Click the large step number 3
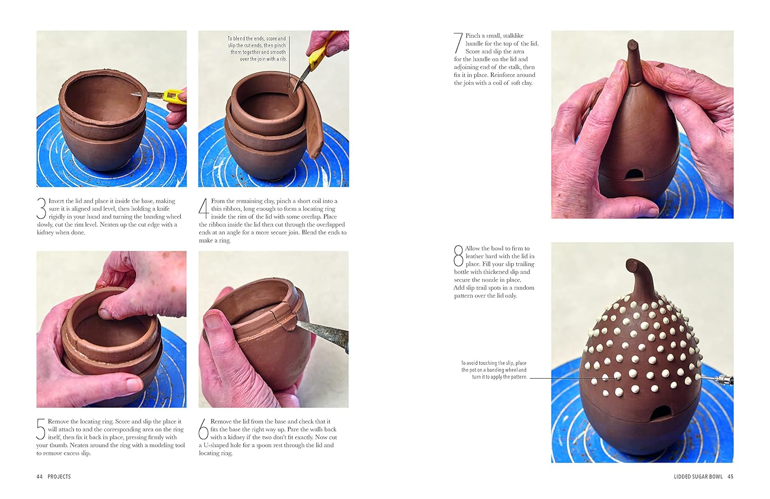click(x=42, y=209)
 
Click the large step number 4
click(x=204, y=209)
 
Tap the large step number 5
click(x=41, y=429)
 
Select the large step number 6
click(x=204, y=429)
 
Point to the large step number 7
click(x=458, y=43)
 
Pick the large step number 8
click(x=458, y=255)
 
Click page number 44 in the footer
click(x=40, y=476)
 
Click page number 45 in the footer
click(x=730, y=476)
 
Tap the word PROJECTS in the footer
click(x=59, y=476)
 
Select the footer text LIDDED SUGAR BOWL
click(x=698, y=476)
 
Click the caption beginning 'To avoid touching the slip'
click(x=493, y=370)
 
